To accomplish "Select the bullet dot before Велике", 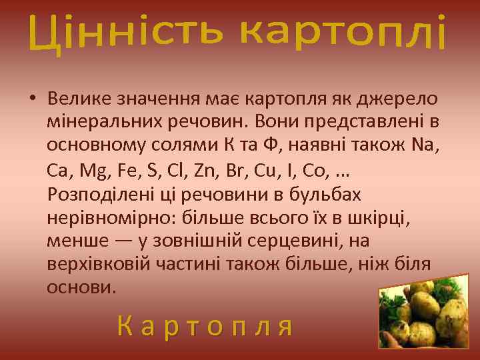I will [x=32, y=99].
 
